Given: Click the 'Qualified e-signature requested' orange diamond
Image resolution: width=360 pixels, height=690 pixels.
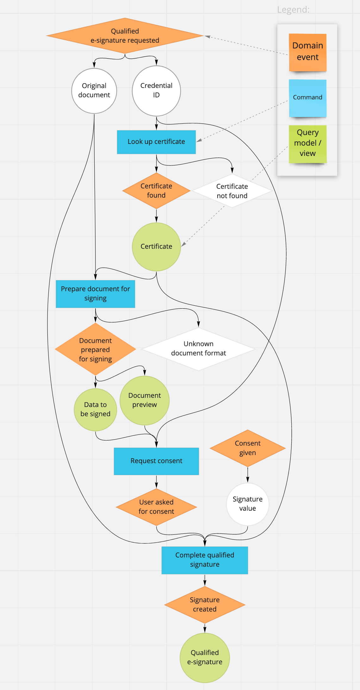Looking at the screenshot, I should tap(125, 36).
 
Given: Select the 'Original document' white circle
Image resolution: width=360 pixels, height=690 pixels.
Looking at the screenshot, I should tap(94, 91).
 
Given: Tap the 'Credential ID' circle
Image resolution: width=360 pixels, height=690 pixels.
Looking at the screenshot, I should tap(156, 91).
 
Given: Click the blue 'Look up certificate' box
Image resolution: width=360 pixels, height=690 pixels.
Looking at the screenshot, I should tap(156, 142).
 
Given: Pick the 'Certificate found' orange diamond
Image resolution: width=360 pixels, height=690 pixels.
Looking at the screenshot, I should tap(156, 191).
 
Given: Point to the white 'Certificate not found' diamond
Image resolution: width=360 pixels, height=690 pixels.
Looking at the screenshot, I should tap(232, 191).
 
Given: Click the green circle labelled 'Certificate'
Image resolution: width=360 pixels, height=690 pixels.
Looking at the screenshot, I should tap(156, 247).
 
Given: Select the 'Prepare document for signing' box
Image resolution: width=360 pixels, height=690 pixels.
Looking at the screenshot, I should tap(95, 294).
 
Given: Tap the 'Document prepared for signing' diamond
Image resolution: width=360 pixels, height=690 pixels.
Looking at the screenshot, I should tap(95, 349).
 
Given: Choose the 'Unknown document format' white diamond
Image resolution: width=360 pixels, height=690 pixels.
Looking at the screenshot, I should tap(198, 348).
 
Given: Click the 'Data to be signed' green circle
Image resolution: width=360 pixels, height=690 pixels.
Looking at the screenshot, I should tap(95, 410).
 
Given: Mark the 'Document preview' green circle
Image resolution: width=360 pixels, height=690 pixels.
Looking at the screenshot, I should tap(145, 400).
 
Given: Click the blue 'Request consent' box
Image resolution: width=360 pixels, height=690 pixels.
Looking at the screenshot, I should tap(156, 461).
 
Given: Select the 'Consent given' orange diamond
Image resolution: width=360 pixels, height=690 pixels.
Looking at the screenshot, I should tap(247, 448).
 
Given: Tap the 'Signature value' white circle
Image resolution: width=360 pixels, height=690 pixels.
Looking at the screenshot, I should tap(247, 504).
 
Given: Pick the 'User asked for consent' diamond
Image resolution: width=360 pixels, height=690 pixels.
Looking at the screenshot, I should tap(156, 507).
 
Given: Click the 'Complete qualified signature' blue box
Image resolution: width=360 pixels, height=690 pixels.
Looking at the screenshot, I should tap(205, 560).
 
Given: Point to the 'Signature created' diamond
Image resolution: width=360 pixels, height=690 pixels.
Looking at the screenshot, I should tap(205, 605).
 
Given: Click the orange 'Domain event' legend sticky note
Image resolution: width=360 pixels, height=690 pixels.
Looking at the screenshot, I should tap(307, 52).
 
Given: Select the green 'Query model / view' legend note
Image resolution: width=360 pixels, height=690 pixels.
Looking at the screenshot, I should tap(307, 144).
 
